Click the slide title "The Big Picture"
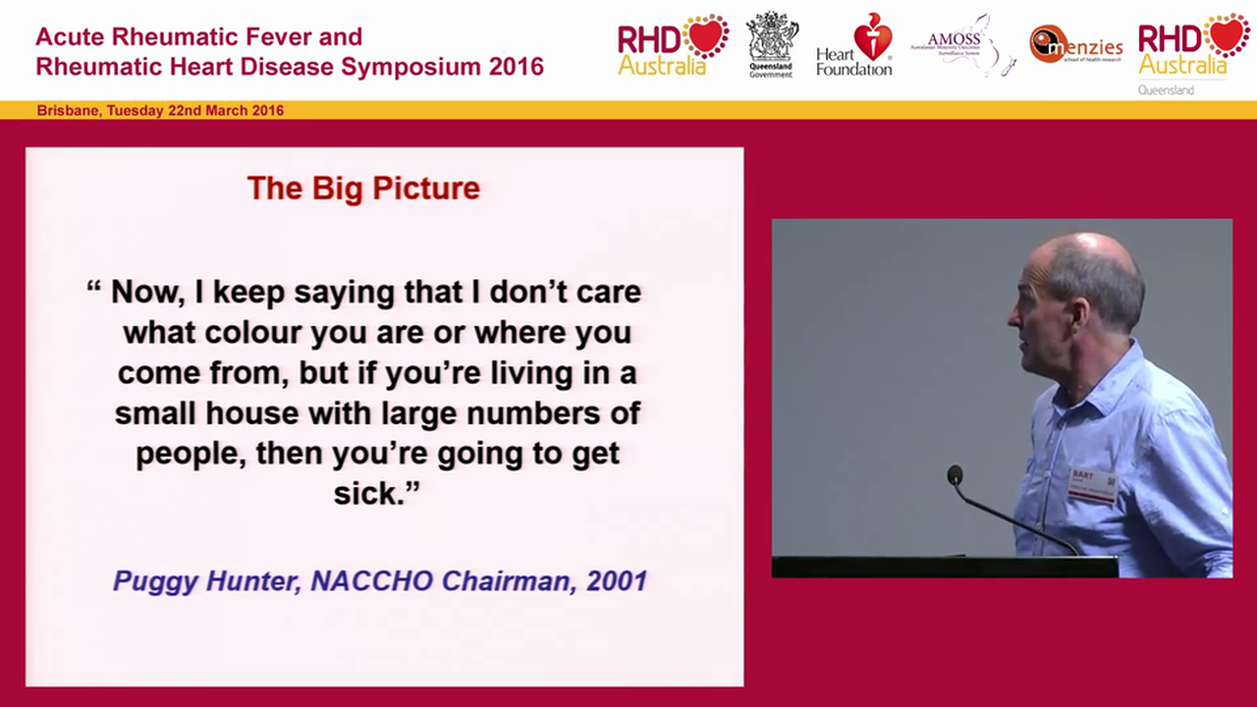tap(363, 188)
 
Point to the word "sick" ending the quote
tap(365, 493)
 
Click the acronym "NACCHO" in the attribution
tap(372, 581)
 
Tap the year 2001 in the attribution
tap(616, 581)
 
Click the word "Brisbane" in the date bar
tap(67, 111)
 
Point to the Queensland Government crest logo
tap(771, 44)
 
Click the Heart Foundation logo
tap(854, 44)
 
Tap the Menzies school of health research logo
tap(1076, 44)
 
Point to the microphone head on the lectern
tap(954, 475)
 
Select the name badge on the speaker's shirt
tap(1092, 485)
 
